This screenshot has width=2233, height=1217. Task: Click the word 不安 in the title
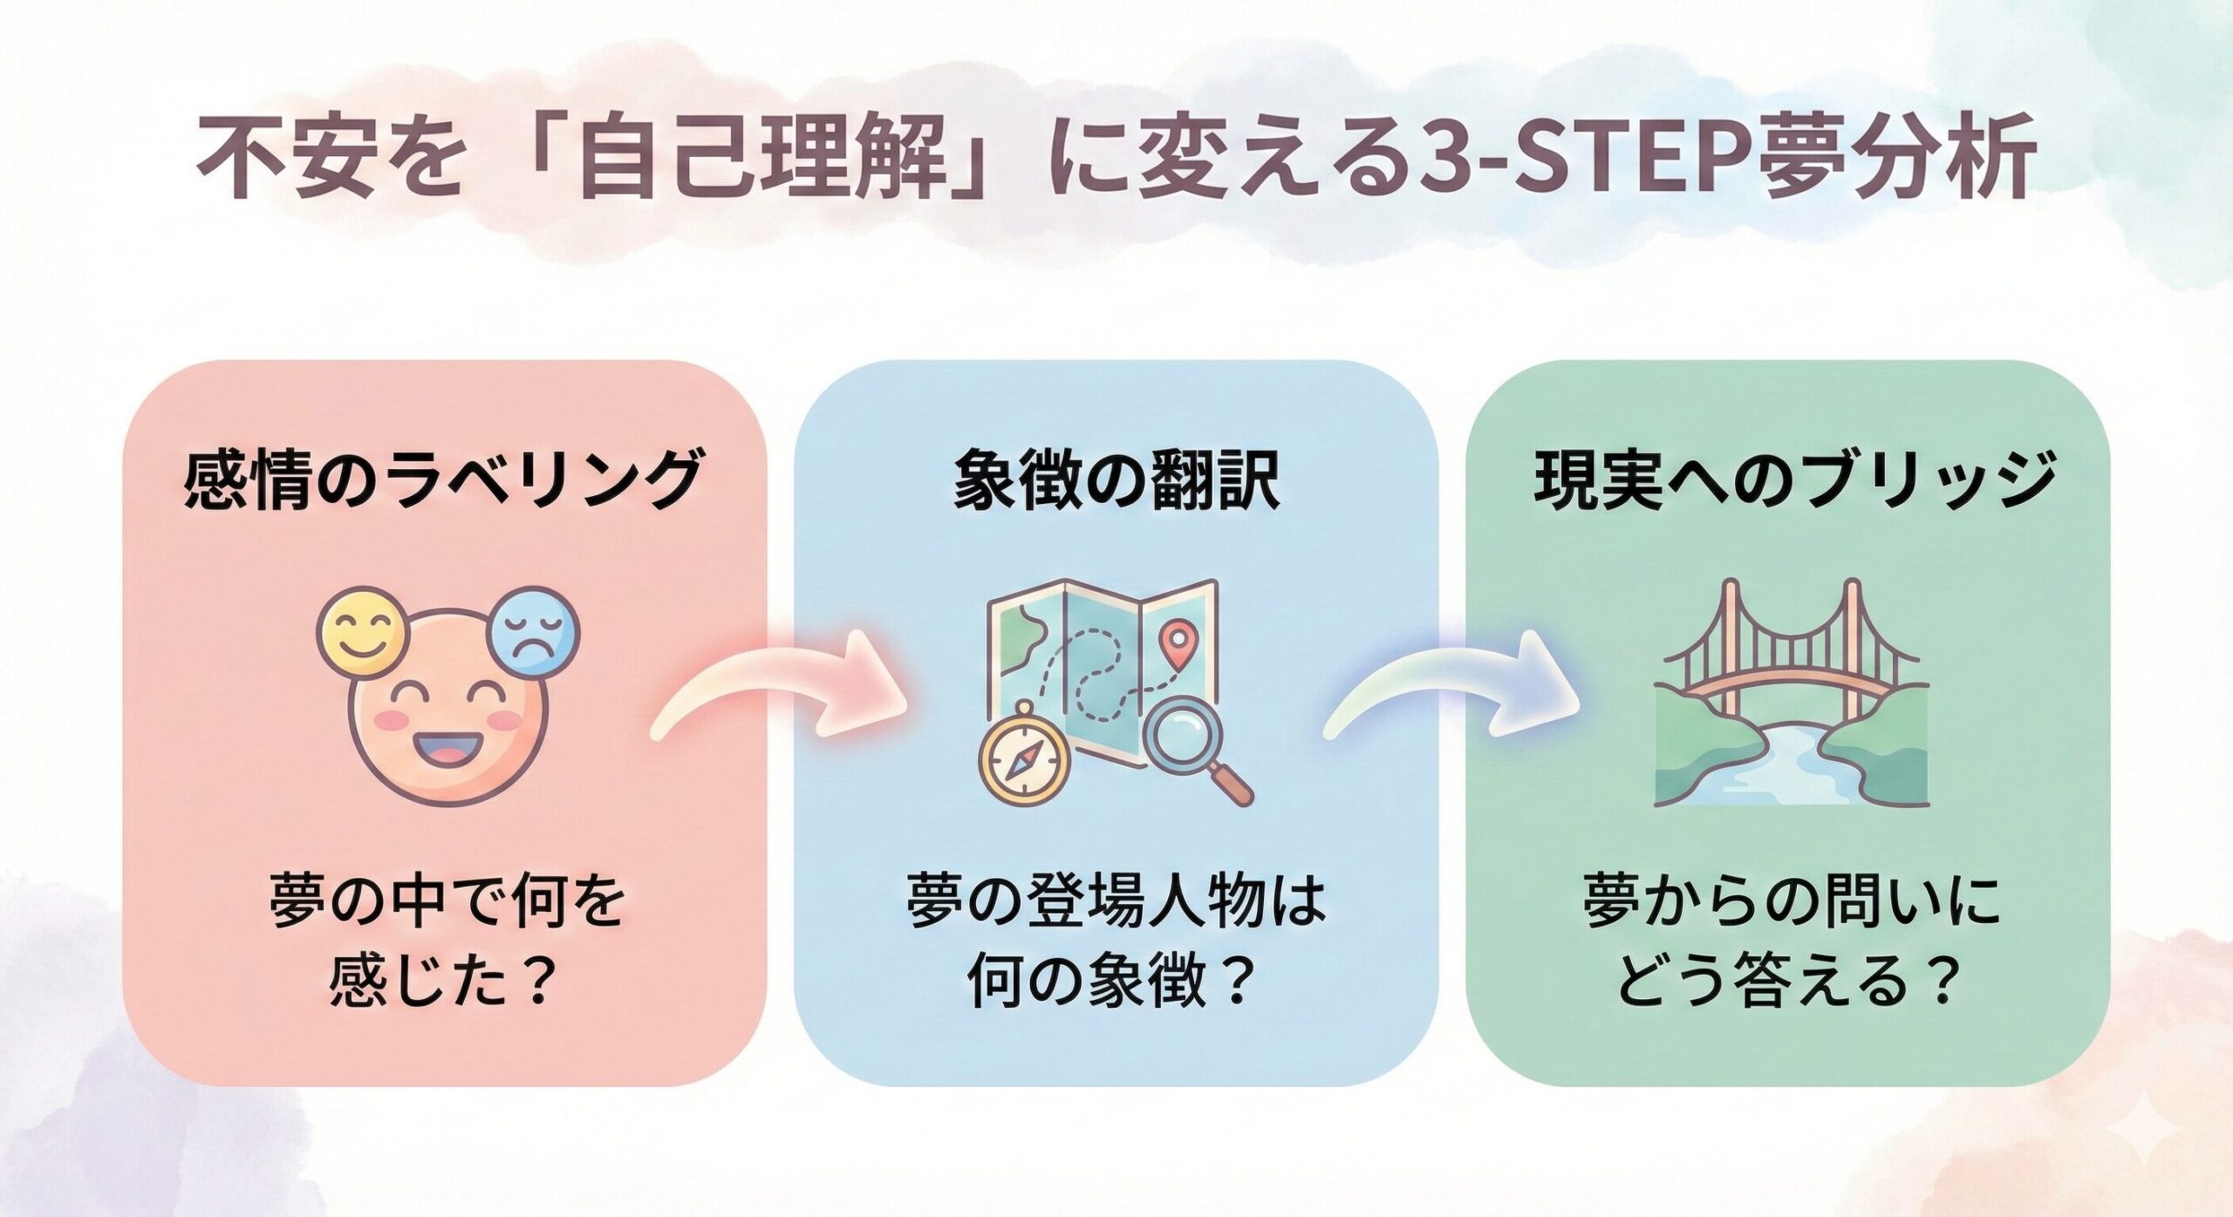(x=287, y=163)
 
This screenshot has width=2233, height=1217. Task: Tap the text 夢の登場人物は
(x=1116, y=902)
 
